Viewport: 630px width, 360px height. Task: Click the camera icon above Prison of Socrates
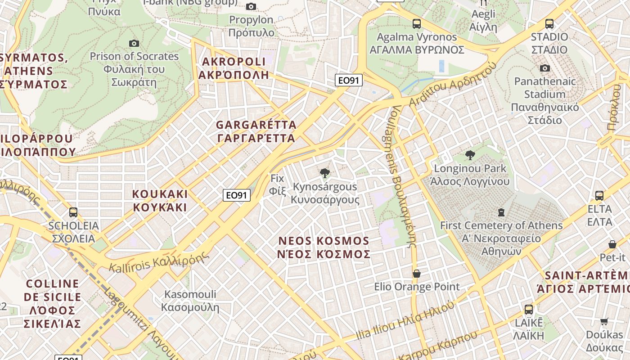point(134,43)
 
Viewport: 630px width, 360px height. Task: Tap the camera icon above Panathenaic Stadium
point(545,68)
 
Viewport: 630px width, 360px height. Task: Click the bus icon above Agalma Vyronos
point(417,24)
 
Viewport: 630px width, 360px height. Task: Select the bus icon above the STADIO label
point(549,24)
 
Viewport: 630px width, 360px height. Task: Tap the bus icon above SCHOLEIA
point(73,212)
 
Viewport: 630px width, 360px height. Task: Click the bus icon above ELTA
point(599,196)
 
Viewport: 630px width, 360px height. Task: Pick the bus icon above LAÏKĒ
point(529,310)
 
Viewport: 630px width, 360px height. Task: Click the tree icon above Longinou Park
point(470,156)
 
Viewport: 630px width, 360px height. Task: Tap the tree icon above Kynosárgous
point(324,173)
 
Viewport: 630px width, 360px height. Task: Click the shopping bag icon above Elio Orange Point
point(417,274)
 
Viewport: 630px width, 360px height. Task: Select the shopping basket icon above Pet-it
point(612,244)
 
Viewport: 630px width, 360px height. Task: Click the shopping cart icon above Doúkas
point(604,322)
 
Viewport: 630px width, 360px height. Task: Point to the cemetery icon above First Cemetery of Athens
point(501,212)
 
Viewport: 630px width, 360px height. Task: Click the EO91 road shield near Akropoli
point(349,81)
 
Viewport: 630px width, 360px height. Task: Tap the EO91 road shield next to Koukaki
point(237,195)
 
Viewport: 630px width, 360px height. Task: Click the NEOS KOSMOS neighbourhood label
point(324,247)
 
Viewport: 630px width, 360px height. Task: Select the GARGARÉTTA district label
point(256,131)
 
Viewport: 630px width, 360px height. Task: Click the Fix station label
point(277,184)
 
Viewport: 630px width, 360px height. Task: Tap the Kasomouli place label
point(190,301)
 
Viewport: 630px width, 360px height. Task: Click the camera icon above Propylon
point(251,6)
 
